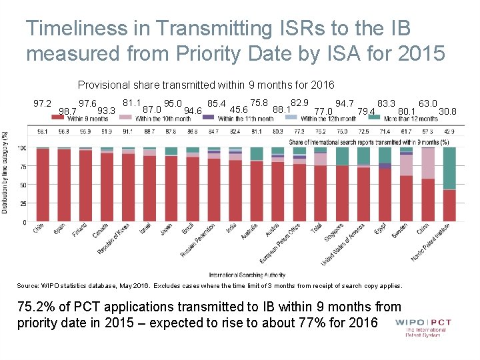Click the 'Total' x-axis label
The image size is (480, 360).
(x=317, y=231)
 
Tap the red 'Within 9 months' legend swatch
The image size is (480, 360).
(x=58, y=118)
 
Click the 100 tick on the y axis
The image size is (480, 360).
(x=22, y=147)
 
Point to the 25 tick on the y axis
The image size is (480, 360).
(x=23, y=203)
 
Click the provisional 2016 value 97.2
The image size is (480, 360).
(x=43, y=103)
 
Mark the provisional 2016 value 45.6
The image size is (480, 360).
(x=239, y=110)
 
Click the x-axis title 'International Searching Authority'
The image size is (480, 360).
(x=247, y=275)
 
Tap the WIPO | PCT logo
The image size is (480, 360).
(x=423, y=327)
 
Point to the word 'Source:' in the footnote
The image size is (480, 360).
(x=29, y=285)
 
